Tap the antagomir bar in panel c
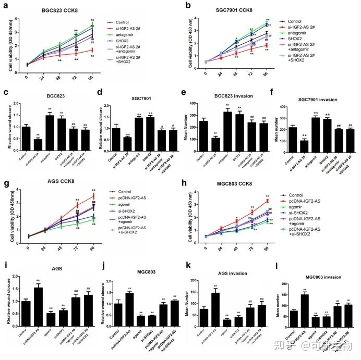[x=50, y=130]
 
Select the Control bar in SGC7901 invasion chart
[x=293, y=138]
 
